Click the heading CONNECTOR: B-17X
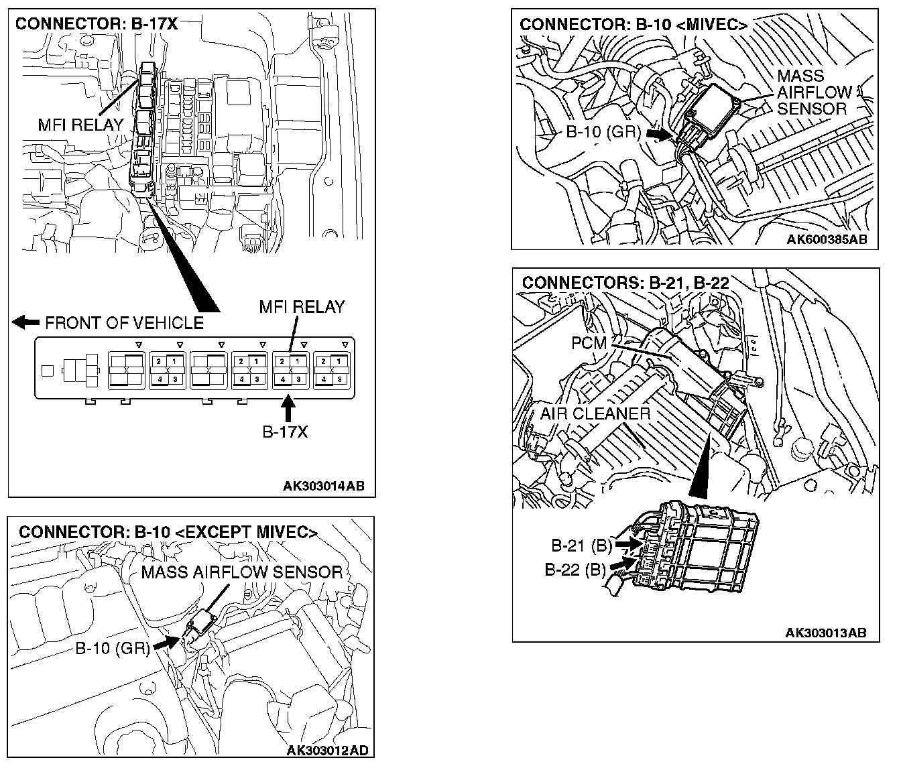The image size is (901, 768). (96, 24)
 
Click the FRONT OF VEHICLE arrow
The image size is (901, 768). (26, 323)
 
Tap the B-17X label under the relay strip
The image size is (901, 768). (284, 432)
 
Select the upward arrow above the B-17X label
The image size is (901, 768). (288, 408)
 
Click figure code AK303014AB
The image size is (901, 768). (323, 486)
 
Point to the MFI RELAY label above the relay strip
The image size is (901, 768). (302, 307)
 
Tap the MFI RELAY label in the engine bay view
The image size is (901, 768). (80, 124)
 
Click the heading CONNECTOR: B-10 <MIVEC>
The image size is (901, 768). (634, 25)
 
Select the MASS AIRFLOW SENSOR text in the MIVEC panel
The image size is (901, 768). (813, 92)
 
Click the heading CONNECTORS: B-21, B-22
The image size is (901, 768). (625, 282)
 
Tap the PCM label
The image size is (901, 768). (589, 343)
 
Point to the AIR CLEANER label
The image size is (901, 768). (595, 413)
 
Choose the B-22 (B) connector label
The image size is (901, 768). (575, 570)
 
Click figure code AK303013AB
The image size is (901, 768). (825, 633)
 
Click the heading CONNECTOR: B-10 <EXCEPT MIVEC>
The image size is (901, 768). (168, 532)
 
